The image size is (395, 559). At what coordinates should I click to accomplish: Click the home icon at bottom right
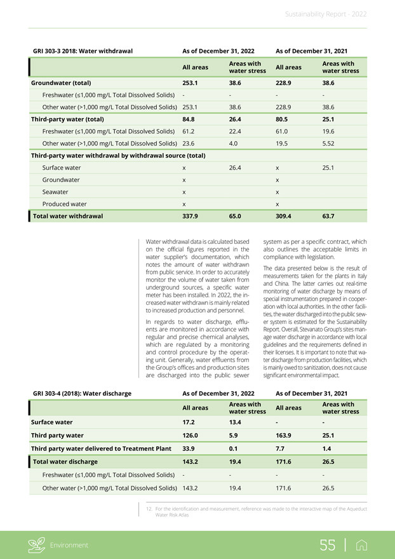point(364,545)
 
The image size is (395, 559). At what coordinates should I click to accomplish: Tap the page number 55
point(328,545)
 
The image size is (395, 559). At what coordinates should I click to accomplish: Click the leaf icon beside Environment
point(38,545)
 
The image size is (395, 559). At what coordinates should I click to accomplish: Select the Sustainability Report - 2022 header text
point(326,14)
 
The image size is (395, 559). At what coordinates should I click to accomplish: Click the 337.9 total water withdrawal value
point(190,216)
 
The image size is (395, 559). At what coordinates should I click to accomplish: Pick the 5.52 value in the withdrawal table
point(329,144)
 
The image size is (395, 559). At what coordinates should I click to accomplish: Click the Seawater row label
point(55,192)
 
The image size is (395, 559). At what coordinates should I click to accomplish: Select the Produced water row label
point(64,204)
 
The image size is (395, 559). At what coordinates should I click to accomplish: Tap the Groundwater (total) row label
point(61,83)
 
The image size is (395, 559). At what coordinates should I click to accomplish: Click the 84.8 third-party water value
point(189,119)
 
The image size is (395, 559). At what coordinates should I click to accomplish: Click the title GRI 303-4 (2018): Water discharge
point(82,393)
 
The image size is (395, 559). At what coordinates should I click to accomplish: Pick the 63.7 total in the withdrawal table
point(328,216)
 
